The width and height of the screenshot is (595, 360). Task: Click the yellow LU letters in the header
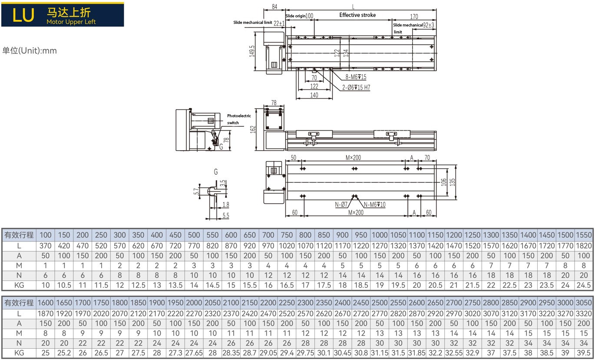point(23,15)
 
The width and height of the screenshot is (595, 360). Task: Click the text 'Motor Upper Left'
point(71,22)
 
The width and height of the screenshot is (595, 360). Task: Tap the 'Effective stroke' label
point(357,15)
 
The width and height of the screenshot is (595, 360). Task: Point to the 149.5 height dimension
point(251,51)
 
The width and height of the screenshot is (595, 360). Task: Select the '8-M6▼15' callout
point(356,77)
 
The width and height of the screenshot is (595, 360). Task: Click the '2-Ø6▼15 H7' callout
point(355,87)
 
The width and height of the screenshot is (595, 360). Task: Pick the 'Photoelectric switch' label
point(239,119)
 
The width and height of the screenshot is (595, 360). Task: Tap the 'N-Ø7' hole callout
point(341,204)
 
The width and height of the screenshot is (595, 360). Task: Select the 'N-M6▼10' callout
point(375,204)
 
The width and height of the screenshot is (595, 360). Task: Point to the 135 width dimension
point(452,182)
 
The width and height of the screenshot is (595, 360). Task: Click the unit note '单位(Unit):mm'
point(30,50)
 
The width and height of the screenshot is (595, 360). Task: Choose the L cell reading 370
point(46,245)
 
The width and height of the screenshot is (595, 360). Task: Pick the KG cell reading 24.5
point(584,285)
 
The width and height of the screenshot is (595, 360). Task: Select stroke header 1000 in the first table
point(379,235)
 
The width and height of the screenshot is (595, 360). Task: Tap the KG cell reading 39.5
point(584,353)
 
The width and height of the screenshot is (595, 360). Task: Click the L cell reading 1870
point(46,313)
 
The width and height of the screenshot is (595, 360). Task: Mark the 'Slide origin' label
point(296,16)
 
